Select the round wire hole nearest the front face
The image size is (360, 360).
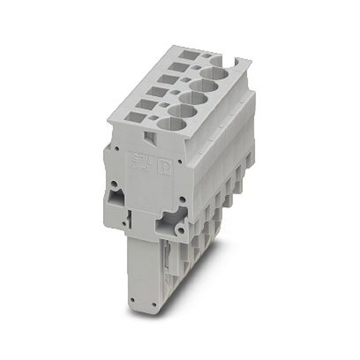coord(172,124)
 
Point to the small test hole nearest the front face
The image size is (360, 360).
coord(153,118)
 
